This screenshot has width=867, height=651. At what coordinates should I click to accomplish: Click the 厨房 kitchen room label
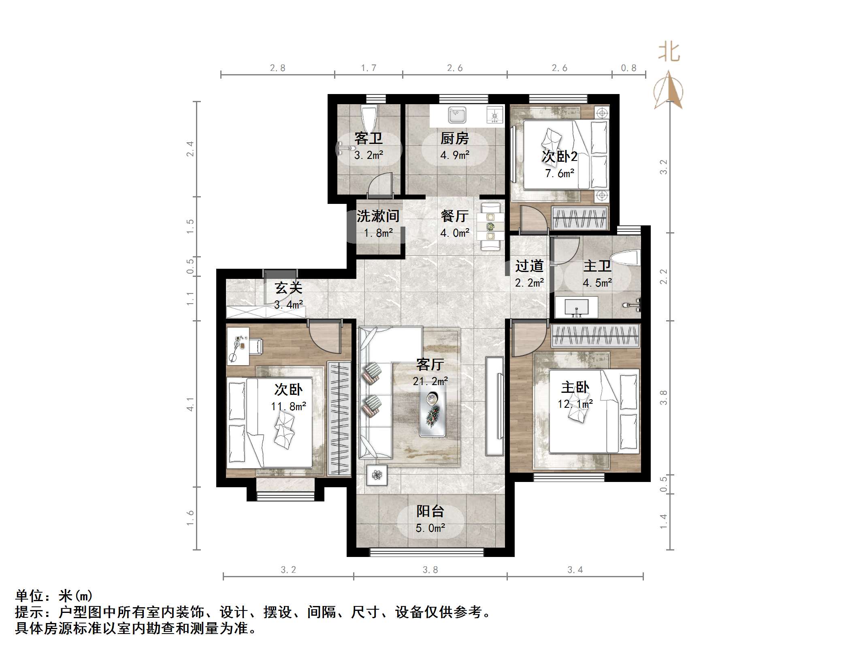(454, 139)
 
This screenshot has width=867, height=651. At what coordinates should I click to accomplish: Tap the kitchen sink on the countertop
(457, 115)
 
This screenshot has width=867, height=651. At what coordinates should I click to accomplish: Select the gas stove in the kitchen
(494, 115)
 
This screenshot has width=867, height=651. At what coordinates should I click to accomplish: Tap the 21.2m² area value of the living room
(430, 381)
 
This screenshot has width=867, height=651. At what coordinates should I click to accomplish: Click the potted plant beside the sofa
(377, 475)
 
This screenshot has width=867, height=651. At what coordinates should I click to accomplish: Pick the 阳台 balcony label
(430, 511)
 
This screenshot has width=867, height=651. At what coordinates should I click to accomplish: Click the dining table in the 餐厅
(490, 227)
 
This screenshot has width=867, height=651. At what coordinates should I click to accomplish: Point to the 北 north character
(669, 52)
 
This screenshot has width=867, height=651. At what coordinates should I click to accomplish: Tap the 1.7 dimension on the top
(369, 68)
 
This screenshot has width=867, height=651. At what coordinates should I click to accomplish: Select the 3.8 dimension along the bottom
(430, 570)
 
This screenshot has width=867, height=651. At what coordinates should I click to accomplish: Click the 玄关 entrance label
(288, 288)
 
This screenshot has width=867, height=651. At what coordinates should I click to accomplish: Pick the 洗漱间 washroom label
(377, 216)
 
